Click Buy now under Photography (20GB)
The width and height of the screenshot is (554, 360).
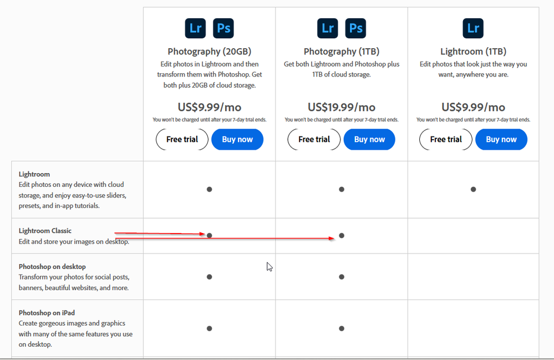pos(237,139)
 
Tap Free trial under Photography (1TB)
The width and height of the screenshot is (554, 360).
pos(314,139)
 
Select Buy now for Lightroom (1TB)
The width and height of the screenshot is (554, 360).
pos(501,139)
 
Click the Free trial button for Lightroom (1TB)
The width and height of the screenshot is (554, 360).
pos(446,139)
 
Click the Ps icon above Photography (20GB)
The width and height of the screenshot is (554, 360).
pos(223,28)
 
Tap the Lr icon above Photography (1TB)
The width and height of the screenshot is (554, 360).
pos(328,28)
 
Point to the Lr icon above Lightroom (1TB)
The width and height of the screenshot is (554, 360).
pos(473,28)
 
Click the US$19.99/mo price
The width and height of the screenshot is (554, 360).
pos(342,107)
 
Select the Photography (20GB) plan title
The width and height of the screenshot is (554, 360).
pos(210,52)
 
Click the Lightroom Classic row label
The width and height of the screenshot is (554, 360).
pos(45,231)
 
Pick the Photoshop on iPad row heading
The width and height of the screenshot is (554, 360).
pos(47,313)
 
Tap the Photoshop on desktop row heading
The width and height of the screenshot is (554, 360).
pos(52,266)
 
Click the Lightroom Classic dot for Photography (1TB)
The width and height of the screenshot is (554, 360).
pos(342,236)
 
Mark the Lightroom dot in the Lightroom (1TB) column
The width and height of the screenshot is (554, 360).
pos(474,189)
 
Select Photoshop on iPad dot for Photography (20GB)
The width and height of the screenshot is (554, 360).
pos(210,328)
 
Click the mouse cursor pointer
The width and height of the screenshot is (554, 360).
pos(270,267)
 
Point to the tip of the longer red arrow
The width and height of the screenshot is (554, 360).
pos(334,239)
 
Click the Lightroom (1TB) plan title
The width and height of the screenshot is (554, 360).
pos(474,52)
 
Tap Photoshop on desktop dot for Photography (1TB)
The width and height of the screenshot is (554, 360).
pos(342,277)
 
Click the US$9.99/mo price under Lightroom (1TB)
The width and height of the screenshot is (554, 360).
pos(474,107)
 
